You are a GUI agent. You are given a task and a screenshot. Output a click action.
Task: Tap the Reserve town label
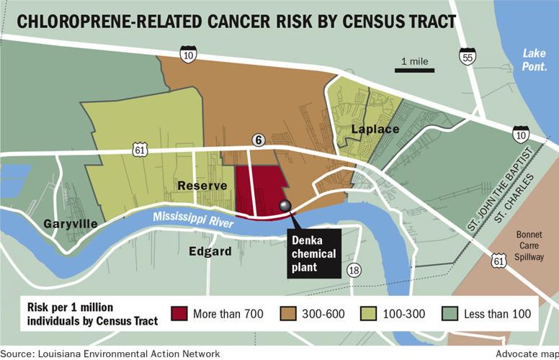click(x=203, y=186)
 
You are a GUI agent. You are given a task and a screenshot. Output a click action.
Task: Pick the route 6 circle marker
click(x=257, y=140)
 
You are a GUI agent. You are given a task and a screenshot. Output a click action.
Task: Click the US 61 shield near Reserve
click(x=139, y=149)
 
